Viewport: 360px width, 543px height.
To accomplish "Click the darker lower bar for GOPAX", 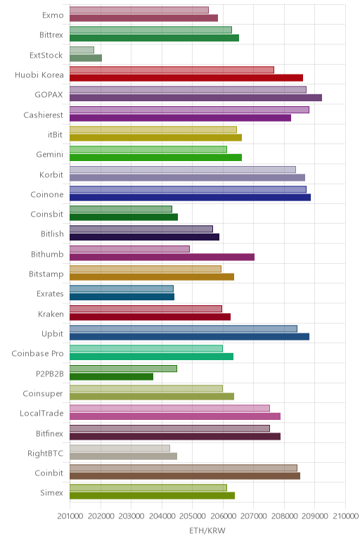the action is pos(195,98).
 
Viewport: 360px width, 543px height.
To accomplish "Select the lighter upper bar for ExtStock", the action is pos(82,50).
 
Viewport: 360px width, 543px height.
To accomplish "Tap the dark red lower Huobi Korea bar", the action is pos(186,77).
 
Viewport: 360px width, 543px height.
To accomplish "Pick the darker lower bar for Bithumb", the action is pos(162,257).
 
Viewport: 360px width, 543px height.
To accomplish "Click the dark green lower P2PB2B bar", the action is pos(111,376).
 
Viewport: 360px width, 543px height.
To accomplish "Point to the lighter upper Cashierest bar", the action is pos(189,110).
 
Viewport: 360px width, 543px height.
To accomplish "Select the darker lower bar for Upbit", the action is pos(189,337).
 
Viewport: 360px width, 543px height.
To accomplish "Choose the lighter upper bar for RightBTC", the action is pos(120,448).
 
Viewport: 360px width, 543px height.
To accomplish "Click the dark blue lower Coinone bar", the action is pos(190,198).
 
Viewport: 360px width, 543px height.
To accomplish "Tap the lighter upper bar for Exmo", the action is pos(139,10).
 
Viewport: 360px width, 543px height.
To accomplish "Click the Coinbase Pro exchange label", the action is pos(37,354).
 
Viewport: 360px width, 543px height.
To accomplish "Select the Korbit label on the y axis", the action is pos(51,174).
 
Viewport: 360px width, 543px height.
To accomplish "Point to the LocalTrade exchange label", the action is pos(41,413).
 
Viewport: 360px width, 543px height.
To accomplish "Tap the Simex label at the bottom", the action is pos(51,493).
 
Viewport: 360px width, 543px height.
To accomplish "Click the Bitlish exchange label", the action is pos(52,234).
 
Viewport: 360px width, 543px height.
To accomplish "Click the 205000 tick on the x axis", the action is pos(192,516).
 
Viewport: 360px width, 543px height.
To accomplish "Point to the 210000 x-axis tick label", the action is pos(345,516).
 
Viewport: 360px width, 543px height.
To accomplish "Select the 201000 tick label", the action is pos(70,516).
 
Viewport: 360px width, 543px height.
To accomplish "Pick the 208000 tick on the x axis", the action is pos(284,516).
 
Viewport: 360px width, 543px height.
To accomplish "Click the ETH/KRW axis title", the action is pos(207,530).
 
